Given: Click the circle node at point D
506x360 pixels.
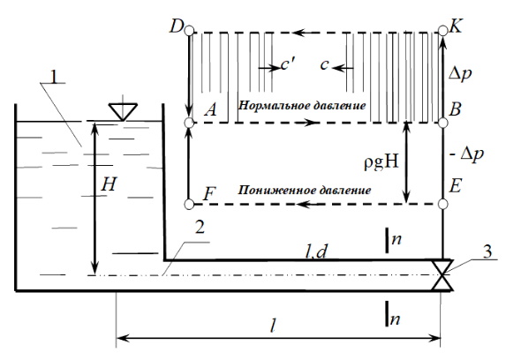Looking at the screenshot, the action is [x=190, y=31].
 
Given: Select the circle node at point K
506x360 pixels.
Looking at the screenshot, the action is [x=443, y=31].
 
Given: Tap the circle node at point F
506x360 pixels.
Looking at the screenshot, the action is [x=189, y=204].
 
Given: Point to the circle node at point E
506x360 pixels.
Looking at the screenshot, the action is [x=443, y=204].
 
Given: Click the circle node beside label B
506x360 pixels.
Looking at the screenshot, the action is [x=443, y=123].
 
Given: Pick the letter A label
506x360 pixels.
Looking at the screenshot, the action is [x=211, y=109].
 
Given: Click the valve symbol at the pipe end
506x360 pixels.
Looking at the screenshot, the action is [x=442, y=275].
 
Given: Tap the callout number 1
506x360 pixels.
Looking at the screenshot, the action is [x=55, y=77].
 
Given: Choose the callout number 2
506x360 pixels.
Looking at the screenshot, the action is [x=200, y=228].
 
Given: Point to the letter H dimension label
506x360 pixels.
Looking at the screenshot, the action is [x=108, y=184].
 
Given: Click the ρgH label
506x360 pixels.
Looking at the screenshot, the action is [x=381, y=163].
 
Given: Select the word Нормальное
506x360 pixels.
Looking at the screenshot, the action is [x=270, y=106].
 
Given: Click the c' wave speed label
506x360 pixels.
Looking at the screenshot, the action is [x=287, y=64].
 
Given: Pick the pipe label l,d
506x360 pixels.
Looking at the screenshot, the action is [x=316, y=252].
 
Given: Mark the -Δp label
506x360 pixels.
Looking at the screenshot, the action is [x=466, y=154].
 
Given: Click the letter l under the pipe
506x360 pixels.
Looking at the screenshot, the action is [x=274, y=326].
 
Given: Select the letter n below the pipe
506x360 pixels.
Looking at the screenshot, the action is [x=395, y=319].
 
